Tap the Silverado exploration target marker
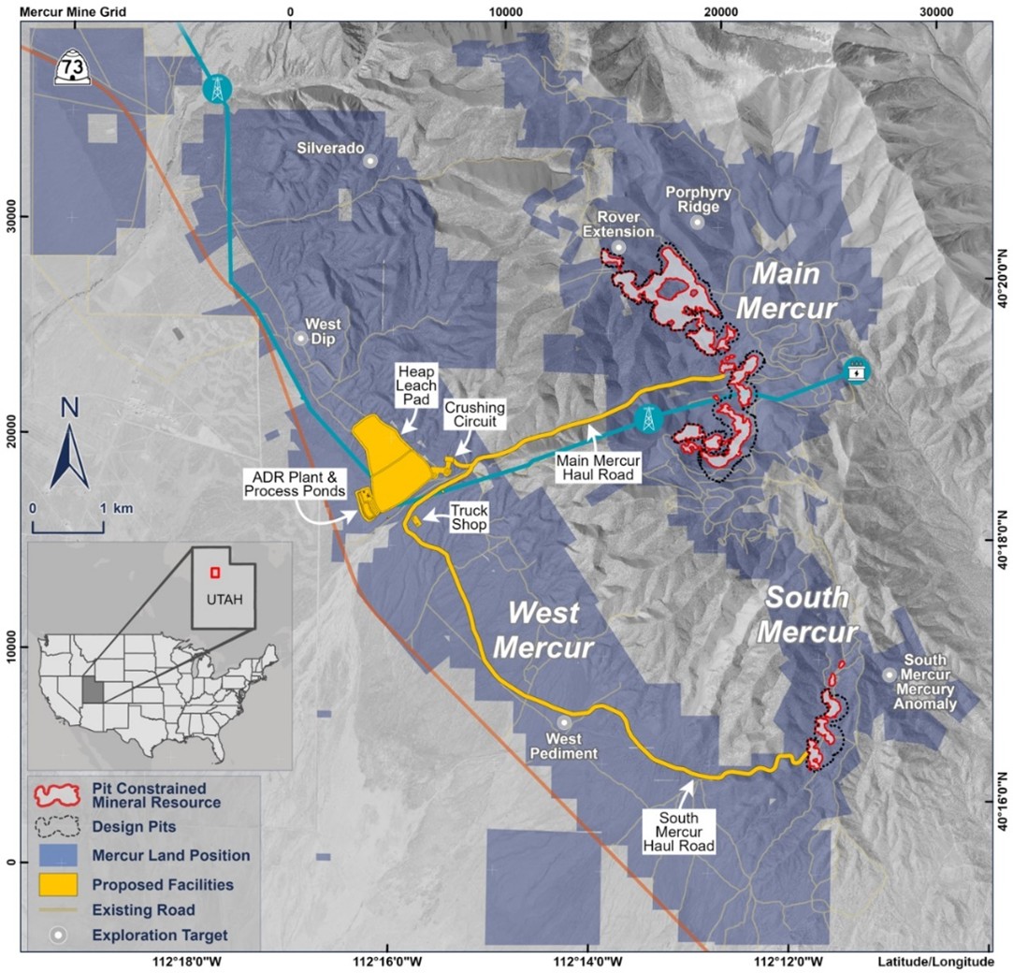click(x=370, y=161)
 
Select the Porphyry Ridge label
click(x=697, y=199)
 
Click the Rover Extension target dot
click(x=618, y=247)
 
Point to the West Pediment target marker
click(x=564, y=722)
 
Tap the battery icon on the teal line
click(x=855, y=370)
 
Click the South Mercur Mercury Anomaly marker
click(x=889, y=675)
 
